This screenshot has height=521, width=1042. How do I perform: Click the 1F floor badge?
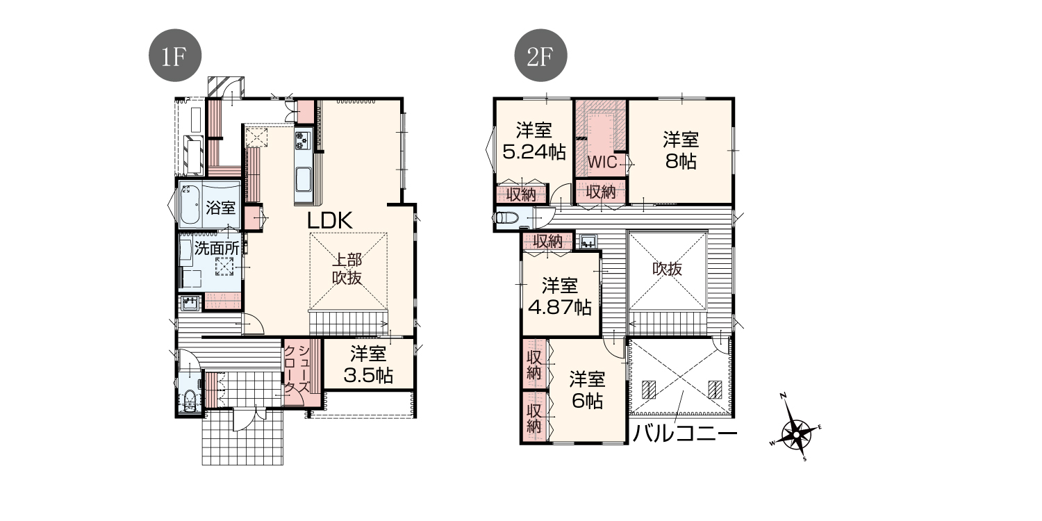click(175, 56)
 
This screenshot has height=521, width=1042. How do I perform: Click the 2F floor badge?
click(540, 56)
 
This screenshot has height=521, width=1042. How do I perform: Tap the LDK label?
click(329, 220)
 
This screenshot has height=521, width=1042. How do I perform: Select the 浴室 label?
click(220, 208)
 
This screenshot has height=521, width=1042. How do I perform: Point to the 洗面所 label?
click(217, 248)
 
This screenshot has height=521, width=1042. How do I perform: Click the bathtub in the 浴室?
click(189, 204)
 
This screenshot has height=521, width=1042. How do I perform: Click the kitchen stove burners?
click(302, 140)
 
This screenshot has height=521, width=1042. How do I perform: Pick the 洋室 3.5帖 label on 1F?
click(368, 365)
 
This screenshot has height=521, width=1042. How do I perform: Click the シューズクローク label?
click(297, 369)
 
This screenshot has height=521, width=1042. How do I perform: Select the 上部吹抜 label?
click(347, 268)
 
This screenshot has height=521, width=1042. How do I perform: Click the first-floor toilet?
click(190, 401)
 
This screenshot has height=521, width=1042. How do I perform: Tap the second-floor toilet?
click(507, 217)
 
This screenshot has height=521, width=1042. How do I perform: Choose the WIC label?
click(602, 163)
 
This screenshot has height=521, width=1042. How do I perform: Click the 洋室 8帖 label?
click(681, 150)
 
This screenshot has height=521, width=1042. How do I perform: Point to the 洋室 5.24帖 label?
click(534, 141)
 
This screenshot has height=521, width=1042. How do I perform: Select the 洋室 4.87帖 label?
click(560, 297)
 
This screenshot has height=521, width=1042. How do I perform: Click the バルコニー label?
click(685, 434)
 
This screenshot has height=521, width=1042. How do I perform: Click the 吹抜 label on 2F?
click(667, 268)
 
